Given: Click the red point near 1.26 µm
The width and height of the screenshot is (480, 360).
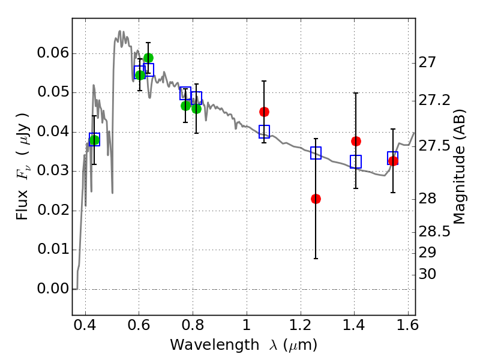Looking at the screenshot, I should (x=316, y=199).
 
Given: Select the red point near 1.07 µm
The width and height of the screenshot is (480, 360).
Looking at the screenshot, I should (x=264, y=112).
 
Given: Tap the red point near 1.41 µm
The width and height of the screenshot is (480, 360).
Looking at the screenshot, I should (x=356, y=141).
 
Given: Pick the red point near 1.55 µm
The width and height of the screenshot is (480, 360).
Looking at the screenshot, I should (x=393, y=161).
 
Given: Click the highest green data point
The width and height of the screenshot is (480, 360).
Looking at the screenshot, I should (x=148, y=58).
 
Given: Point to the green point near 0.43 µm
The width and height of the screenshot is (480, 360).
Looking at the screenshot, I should (x=94, y=140).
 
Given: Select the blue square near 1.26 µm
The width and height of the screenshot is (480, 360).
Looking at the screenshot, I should (x=316, y=153).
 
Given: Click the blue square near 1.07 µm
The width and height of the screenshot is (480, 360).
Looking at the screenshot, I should (x=264, y=131).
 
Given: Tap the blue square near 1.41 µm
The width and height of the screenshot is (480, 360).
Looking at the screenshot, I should (x=356, y=161).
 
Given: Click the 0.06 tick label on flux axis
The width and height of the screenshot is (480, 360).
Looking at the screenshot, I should (x=52, y=53).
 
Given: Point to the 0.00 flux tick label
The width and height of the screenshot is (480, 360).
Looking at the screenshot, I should (x=52, y=289).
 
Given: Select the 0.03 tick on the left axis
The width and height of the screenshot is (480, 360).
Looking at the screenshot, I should (x=52, y=172).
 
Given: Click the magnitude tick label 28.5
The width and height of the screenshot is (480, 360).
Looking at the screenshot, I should (x=435, y=231).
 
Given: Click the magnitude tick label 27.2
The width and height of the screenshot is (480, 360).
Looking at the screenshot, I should (x=435, y=100).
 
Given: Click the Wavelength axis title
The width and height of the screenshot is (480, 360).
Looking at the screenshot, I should (x=243, y=345).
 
